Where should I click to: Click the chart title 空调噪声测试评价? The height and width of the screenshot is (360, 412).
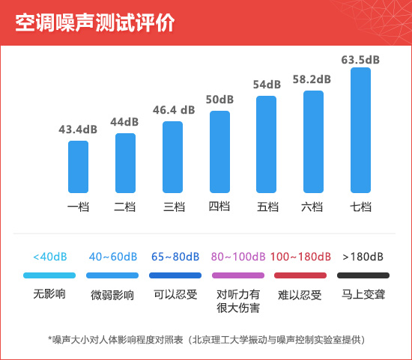click(95, 22)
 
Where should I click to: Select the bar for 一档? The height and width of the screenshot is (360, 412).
click(79, 167)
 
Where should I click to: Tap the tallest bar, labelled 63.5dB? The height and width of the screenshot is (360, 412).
click(360, 130)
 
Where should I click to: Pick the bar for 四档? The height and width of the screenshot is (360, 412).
click(219, 152)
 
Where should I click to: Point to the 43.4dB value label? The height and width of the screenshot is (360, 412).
click(78, 129)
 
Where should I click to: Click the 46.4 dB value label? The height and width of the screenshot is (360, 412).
click(174, 110)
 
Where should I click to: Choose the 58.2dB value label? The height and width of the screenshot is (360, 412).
click(312, 79)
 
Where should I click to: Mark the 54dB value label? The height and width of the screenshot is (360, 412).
click(267, 85)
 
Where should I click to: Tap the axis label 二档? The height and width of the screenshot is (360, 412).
click(125, 207)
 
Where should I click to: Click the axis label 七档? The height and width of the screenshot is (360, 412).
click(360, 207)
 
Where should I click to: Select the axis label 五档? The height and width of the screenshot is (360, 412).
click(267, 207)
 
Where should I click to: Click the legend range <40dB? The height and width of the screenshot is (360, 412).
click(50, 257)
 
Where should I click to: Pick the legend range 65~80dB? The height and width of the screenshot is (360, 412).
click(175, 257)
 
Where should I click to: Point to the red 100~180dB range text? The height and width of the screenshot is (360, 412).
click(300, 257)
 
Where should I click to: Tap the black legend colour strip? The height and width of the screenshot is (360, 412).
click(363, 275)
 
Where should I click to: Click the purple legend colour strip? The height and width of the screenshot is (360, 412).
click(238, 275)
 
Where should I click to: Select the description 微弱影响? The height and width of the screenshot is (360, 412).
click(112, 295)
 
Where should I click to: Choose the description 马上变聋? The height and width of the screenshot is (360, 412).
click(363, 294)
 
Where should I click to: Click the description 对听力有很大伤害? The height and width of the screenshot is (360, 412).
click(238, 301)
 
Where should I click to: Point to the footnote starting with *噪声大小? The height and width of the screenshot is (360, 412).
click(207, 340)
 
